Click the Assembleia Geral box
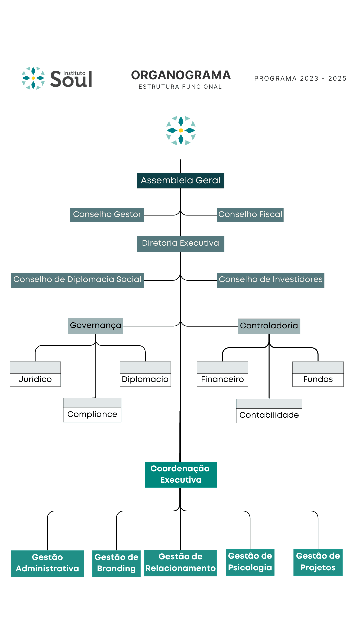pyautogui.click(x=180, y=181)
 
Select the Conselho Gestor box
pyautogui.click(x=107, y=215)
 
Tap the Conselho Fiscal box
pyautogui.click(x=250, y=215)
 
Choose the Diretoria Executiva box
pyautogui.click(x=180, y=244)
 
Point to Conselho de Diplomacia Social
pyautogui.click(x=77, y=280)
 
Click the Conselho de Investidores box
pyautogui.click(x=271, y=280)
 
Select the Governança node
pyautogui.click(x=96, y=326)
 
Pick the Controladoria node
pyautogui.click(x=269, y=326)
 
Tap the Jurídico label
pyautogui.click(x=35, y=379)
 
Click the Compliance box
pyautogui.click(x=92, y=410)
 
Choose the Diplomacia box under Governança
pyautogui.click(x=145, y=374)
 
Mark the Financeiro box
pyautogui.click(x=222, y=374)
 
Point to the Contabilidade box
pyautogui.click(x=269, y=411)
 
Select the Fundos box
pyautogui.click(x=318, y=374)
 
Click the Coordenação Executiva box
pyautogui.click(x=181, y=475)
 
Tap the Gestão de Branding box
pyautogui.click(x=116, y=563)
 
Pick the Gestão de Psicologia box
pyautogui.click(x=250, y=562)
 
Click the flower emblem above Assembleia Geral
pyautogui.click(x=181, y=130)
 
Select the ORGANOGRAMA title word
pyautogui.click(x=181, y=75)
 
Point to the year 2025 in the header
pyautogui.click(x=337, y=79)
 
